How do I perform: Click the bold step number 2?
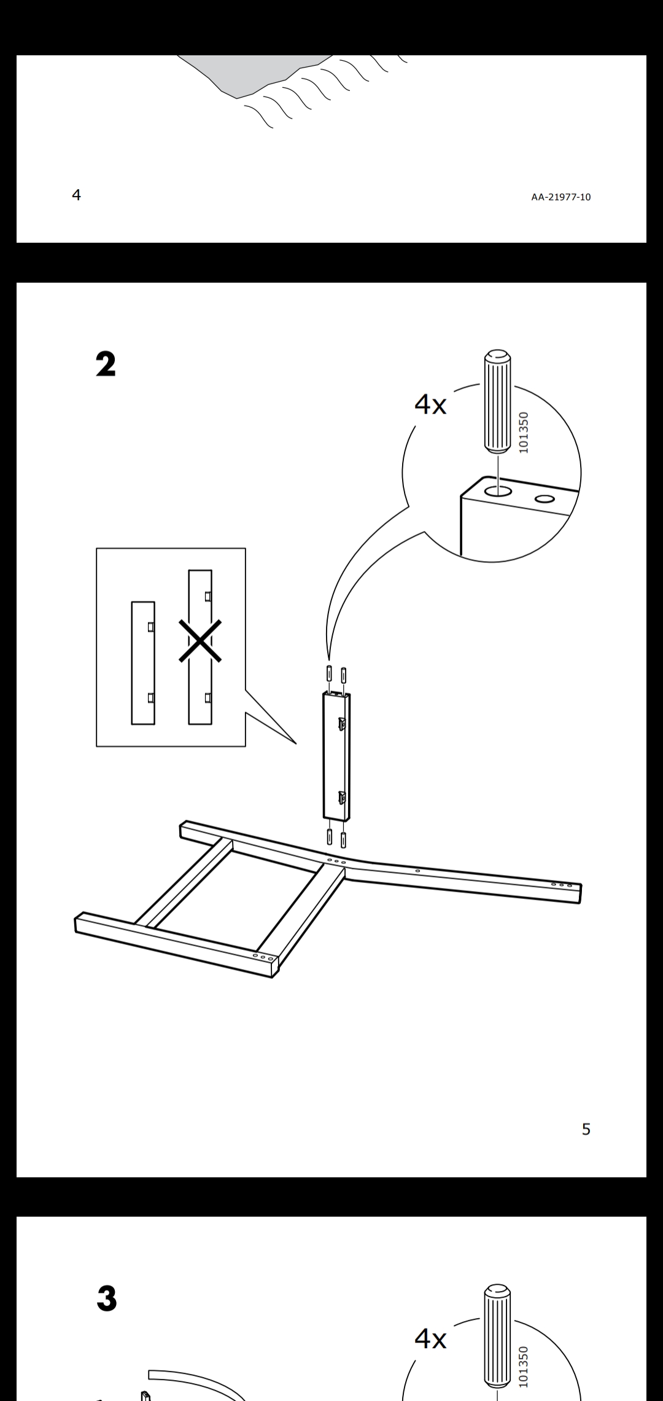click(106, 364)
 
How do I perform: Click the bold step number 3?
click(107, 1299)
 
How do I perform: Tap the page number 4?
click(76, 195)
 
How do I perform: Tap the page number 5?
click(586, 1129)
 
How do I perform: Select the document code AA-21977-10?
click(561, 197)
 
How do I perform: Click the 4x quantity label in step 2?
click(430, 404)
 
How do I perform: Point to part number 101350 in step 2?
click(523, 433)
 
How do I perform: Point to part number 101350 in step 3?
click(523, 1367)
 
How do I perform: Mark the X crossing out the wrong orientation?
click(200, 641)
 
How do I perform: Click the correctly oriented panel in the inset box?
click(143, 662)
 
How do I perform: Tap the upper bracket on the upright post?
click(342, 724)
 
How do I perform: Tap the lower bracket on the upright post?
click(342, 798)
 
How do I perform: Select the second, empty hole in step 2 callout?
click(545, 498)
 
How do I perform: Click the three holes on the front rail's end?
click(262, 957)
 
